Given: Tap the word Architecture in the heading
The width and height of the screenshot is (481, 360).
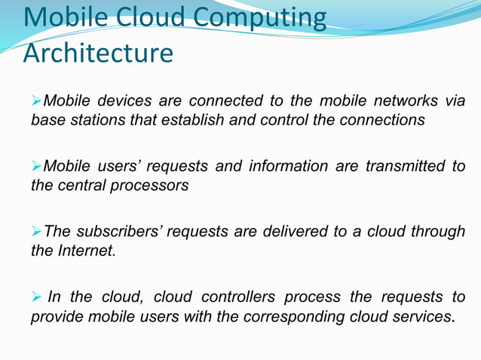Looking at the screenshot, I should click(98, 53).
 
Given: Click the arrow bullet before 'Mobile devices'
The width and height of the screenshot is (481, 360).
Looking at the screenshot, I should click(37, 101).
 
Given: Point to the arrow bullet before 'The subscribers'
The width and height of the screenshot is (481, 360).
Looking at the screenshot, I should click(37, 231).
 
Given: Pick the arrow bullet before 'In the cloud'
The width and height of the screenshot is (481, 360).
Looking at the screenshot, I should click(37, 297).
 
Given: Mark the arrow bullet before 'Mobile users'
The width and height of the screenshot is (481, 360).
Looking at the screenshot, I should click(37, 166).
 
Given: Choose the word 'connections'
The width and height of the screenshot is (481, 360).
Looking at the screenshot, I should click(382, 121).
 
